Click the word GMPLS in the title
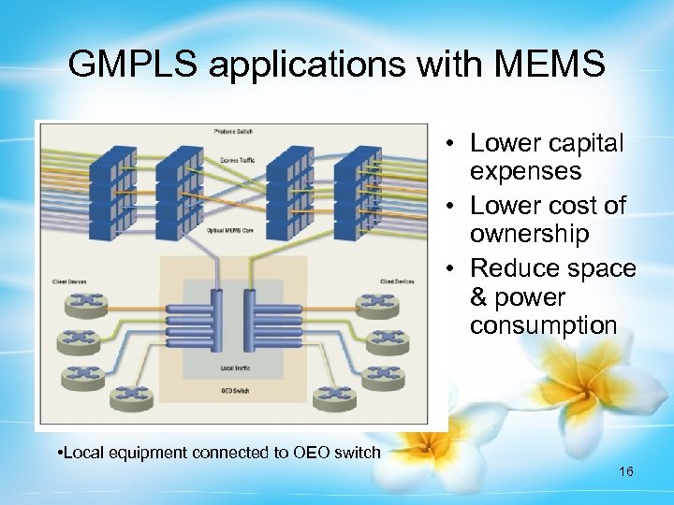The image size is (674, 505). coord(134,65)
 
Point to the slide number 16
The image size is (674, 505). coord(626,471)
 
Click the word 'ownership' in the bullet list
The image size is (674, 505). coord(529,234)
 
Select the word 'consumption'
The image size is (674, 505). coord(543,325)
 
